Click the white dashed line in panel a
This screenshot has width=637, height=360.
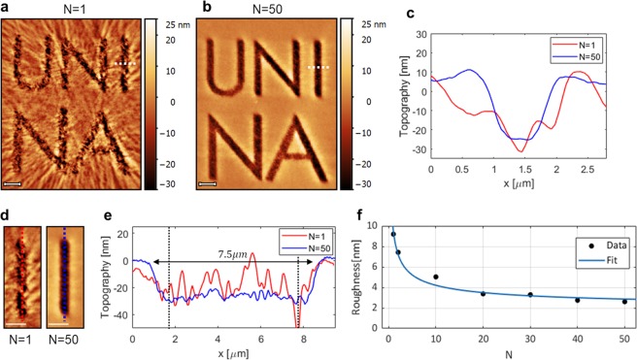[124, 64]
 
